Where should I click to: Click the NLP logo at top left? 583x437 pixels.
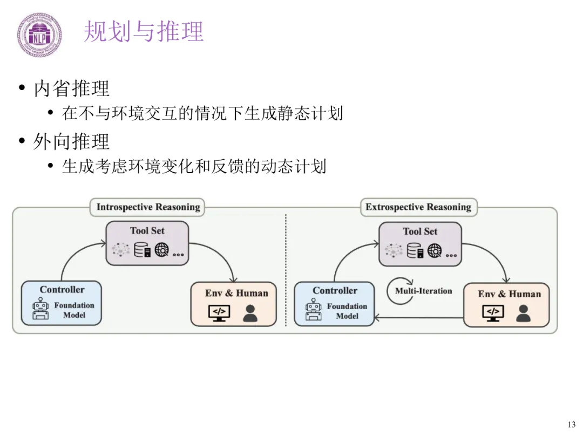click(x=39, y=35)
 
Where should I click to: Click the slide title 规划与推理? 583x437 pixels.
click(x=144, y=31)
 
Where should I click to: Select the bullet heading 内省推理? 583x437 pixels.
click(x=71, y=88)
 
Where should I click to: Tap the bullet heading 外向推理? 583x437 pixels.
click(x=71, y=141)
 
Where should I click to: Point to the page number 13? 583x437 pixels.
click(x=572, y=425)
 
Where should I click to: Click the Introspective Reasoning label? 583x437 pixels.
click(x=148, y=207)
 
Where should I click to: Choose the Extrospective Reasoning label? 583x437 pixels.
click(x=418, y=207)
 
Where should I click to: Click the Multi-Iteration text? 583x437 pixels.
click(x=424, y=291)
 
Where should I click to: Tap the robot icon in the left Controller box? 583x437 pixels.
click(x=40, y=309)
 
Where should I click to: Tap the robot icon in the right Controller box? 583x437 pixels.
click(x=314, y=309)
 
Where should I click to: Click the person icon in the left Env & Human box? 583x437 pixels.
click(x=250, y=313)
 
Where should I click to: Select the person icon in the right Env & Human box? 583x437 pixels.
click(x=524, y=313)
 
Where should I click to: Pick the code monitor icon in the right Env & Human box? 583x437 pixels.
click(x=493, y=313)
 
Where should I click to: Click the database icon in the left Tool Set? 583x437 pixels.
click(x=142, y=250)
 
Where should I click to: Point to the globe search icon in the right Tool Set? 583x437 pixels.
click(x=435, y=250)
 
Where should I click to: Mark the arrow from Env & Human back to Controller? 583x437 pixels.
click(x=419, y=318)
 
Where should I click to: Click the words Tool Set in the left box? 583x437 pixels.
click(x=147, y=231)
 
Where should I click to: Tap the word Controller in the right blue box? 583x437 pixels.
click(x=335, y=290)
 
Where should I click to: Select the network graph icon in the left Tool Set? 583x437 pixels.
click(x=120, y=249)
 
